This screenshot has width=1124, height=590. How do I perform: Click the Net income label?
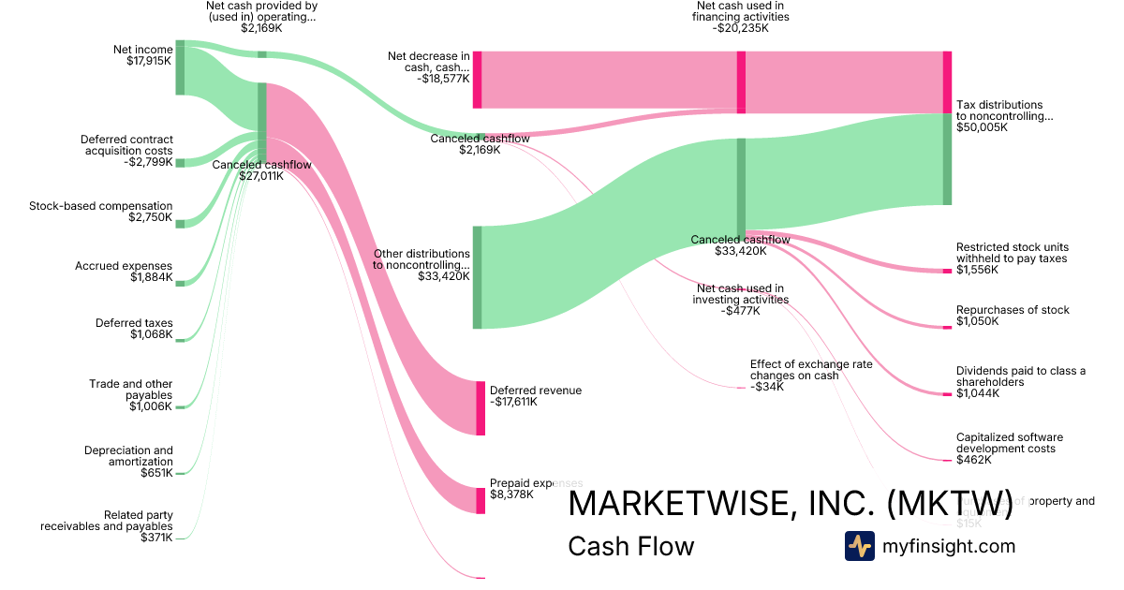(x=142, y=50)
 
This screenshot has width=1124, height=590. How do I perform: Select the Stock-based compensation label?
(x=101, y=206)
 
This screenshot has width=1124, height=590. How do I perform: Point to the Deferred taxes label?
(x=134, y=323)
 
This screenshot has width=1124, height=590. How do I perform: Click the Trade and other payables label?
(x=131, y=390)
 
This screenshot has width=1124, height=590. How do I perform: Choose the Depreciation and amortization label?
(x=128, y=456)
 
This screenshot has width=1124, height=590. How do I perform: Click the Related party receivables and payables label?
(x=107, y=521)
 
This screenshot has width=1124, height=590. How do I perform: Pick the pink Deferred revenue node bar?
(x=481, y=408)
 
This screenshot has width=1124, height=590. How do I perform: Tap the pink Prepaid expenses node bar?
(x=481, y=500)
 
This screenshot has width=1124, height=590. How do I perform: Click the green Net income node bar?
(x=180, y=67)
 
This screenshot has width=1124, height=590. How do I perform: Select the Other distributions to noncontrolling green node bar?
(x=477, y=277)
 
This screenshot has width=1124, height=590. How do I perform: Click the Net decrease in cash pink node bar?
(x=477, y=80)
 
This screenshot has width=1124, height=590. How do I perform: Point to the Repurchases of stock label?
(x=1013, y=310)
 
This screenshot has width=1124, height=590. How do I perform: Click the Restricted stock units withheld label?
(x=1012, y=253)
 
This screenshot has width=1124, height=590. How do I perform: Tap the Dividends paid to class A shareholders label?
(x=1020, y=376)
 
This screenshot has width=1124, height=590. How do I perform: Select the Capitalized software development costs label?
(x=1010, y=443)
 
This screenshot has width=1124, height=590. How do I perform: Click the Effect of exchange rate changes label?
(x=794, y=369)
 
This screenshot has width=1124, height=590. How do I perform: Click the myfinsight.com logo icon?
(x=859, y=546)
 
